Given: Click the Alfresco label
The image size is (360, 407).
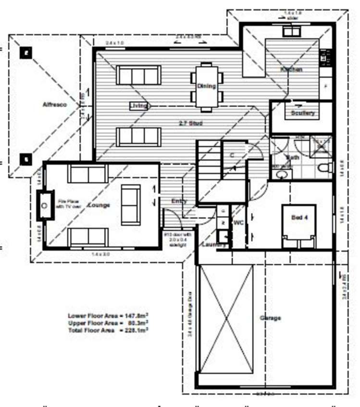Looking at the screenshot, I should (x=54, y=104).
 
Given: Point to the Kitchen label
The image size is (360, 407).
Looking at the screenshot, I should (x=291, y=70).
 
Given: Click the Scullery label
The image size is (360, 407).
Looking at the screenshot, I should (x=303, y=114).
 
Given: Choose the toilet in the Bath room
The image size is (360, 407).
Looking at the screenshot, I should (x=324, y=168).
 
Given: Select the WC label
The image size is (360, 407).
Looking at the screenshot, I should (x=238, y=223).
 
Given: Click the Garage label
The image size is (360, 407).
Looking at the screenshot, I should (x=270, y=318).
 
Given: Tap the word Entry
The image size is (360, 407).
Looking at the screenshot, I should (x=179, y=202).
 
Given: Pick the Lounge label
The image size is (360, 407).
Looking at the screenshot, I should (x=99, y=205).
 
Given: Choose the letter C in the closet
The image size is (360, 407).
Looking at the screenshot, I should (x=232, y=156).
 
